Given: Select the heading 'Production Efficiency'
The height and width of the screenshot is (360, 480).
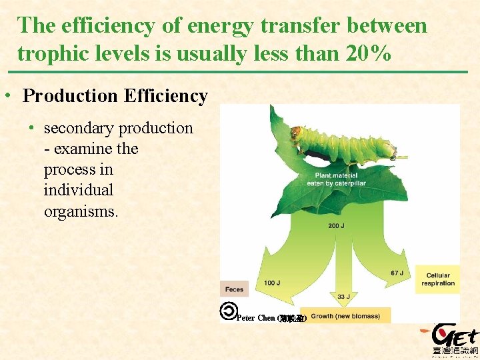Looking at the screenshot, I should (x=115, y=96).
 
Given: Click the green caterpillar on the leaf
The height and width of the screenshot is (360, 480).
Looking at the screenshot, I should (x=347, y=143).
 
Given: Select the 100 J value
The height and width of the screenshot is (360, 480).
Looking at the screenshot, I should (x=272, y=283).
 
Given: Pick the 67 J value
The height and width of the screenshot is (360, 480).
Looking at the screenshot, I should (x=398, y=273).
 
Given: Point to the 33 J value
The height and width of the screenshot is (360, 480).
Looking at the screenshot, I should (x=343, y=297).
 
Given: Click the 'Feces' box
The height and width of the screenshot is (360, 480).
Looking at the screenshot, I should (x=234, y=289).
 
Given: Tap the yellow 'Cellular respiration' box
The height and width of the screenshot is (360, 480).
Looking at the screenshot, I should (x=437, y=279).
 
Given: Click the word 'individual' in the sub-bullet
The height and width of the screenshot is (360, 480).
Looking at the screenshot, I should (x=78, y=190).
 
